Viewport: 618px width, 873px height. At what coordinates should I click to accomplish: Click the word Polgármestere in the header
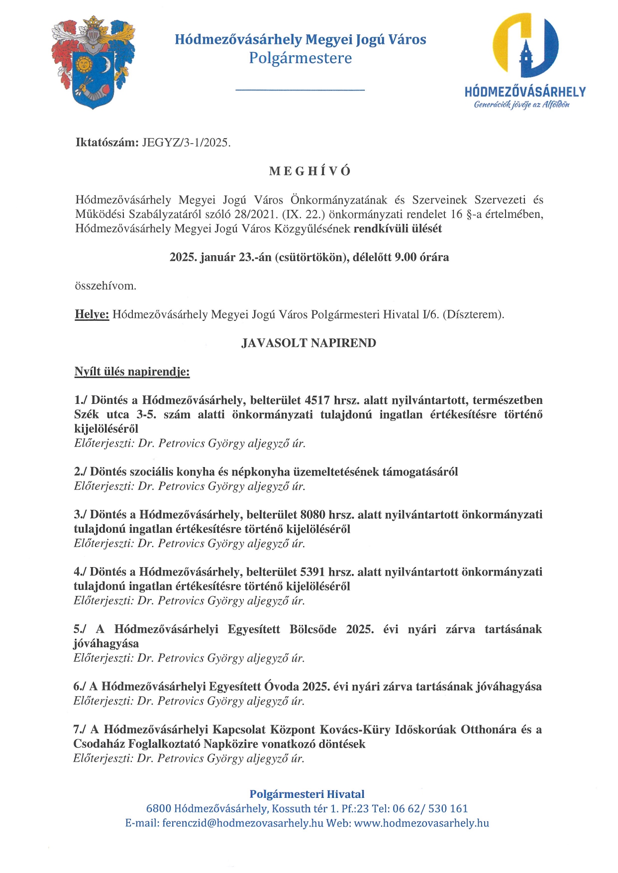(300, 58)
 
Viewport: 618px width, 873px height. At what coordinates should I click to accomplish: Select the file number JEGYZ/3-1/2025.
(186, 143)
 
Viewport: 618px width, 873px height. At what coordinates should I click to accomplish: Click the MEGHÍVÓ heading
(309, 171)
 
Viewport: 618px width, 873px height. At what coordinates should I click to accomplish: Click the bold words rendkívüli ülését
(398, 229)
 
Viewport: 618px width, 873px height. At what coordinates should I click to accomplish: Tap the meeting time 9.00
(405, 257)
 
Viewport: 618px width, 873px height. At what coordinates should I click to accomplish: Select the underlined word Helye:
(92, 314)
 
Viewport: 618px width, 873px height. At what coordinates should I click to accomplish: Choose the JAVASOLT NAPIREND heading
(309, 343)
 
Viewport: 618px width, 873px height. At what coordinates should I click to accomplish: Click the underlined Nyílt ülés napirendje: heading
(132, 372)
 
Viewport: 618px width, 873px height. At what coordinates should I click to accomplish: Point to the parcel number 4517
(317, 400)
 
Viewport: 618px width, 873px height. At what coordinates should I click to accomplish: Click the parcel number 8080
(313, 515)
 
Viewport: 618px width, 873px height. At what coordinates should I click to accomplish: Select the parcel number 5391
(313, 572)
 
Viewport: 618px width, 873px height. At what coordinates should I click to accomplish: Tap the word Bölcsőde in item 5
(313, 629)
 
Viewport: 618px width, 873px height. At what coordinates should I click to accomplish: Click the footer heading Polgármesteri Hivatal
(307, 794)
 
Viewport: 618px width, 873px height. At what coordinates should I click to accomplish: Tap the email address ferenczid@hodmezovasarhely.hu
(243, 823)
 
